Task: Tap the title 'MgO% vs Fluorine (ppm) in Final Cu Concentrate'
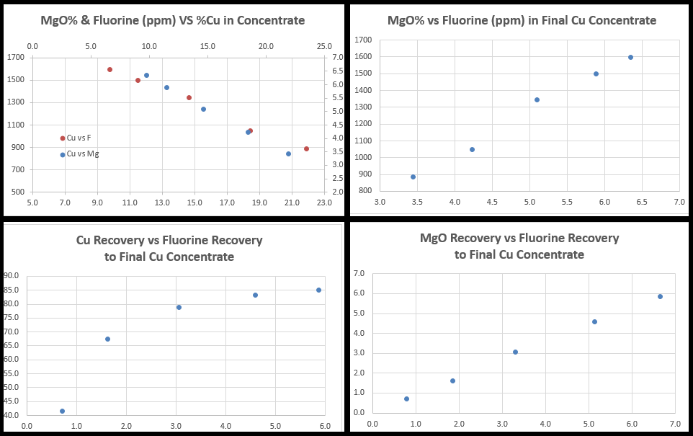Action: click(522, 20)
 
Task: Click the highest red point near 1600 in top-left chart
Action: click(109, 70)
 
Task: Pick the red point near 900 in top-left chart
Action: click(306, 149)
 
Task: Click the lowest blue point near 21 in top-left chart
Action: click(288, 154)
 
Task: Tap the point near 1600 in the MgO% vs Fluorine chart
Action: click(630, 58)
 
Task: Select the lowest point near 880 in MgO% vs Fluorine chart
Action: click(413, 177)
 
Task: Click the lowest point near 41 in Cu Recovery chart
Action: click(62, 411)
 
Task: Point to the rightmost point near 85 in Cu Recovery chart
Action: click(318, 290)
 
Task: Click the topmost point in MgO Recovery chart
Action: click(660, 296)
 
